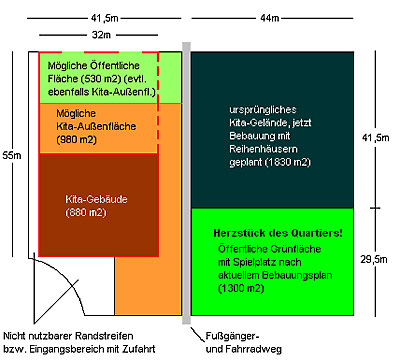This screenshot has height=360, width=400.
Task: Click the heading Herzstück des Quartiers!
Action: pos(278,233)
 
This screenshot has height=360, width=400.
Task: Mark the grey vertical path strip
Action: pos(187,180)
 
